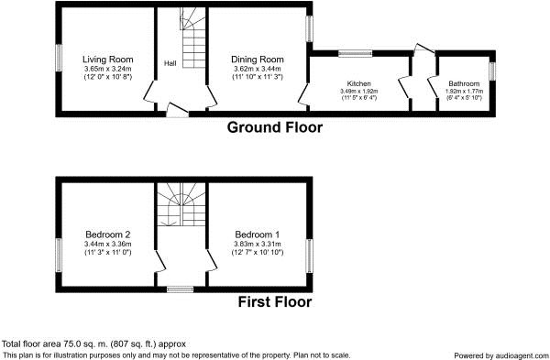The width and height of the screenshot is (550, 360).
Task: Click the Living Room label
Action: click(x=107, y=60)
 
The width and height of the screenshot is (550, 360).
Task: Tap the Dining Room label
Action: click(x=258, y=60)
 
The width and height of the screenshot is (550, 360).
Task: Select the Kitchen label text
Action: click(x=358, y=83)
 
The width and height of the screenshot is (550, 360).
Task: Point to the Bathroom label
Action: click(x=464, y=83)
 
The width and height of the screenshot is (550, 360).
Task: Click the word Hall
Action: click(x=170, y=63)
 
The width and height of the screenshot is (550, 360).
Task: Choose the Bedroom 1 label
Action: click(x=258, y=235)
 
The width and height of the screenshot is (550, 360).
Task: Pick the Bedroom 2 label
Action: click(x=108, y=235)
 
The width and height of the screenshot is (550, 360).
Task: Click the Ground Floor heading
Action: click(x=275, y=127)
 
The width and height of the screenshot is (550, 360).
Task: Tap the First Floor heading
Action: click(x=275, y=301)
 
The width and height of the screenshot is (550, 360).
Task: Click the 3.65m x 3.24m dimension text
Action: click(x=107, y=69)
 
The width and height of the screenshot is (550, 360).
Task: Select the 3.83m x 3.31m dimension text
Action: click(x=258, y=244)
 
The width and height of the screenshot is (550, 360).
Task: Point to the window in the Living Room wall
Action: click(x=59, y=58)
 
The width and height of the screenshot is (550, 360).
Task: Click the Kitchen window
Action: click(x=355, y=54)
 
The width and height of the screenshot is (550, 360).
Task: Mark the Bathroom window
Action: click(x=492, y=71)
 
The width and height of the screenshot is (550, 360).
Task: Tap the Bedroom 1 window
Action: click(x=309, y=256)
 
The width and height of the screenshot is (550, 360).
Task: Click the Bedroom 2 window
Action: click(x=59, y=255)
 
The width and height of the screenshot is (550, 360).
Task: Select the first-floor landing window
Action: click(x=180, y=289)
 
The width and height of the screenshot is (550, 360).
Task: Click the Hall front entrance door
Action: click(x=177, y=110)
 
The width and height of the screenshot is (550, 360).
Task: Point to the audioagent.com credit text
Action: click(x=500, y=355)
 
